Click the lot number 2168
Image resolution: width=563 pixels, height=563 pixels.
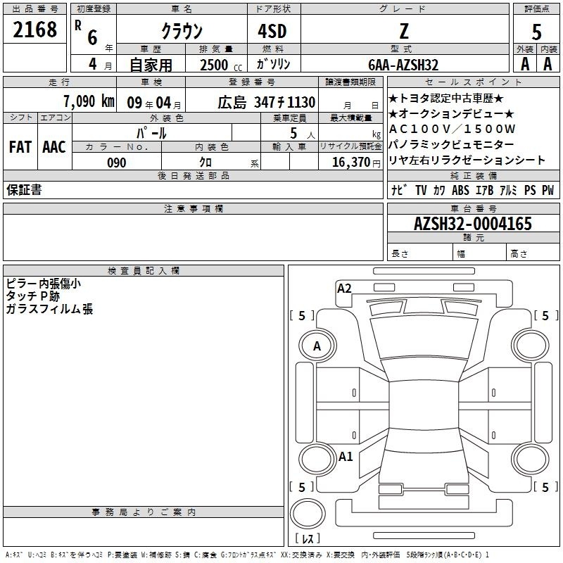click(x=34, y=30)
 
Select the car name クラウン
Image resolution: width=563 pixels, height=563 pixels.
click(x=182, y=31)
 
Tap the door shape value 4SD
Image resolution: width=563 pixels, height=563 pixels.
click(x=272, y=31)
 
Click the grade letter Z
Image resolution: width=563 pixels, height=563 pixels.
click(x=404, y=31)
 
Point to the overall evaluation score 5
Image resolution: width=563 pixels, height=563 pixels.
click(x=536, y=32)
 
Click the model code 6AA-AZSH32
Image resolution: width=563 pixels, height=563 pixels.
click(x=403, y=65)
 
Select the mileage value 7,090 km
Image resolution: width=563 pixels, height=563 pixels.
click(x=89, y=101)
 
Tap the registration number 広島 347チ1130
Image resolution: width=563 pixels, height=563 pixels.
click(x=267, y=102)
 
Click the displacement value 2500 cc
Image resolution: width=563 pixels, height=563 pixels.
click(x=221, y=65)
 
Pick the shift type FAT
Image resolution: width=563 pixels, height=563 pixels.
click(x=20, y=147)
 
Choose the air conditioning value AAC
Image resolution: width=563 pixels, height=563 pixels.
click(x=54, y=147)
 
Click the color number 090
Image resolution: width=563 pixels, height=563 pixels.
click(x=117, y=163)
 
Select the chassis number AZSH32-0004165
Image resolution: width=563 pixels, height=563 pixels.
click(x=473, y=224)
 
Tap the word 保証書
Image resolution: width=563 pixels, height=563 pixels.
click(x=24, y=189)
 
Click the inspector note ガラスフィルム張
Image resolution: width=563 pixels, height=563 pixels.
click(x=49, y=309)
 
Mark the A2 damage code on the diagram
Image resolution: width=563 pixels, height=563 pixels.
click(x=344, y=289)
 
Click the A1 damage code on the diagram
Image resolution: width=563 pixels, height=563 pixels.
click(x=346, y=457)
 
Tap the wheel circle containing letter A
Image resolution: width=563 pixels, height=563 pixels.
click(x=317, y=346)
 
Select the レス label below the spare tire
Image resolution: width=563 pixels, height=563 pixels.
click(x=308, y=538)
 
